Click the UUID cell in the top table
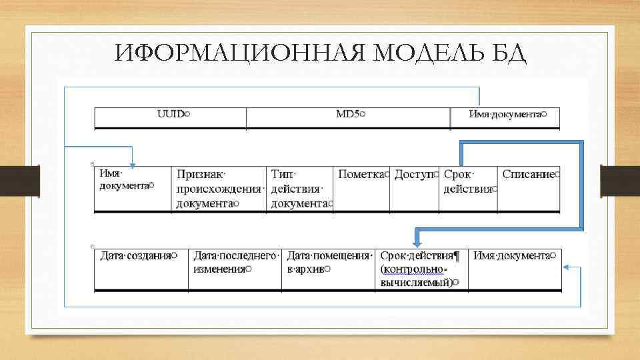[x=173, y=115]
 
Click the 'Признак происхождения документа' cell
[x=218, y=188]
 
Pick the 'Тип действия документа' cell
[x=300, y=188]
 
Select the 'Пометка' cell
[x=362, y=175]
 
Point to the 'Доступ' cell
[x=415, y=175]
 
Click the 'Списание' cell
[x=529, y=175]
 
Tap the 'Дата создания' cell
[x=137, y=255]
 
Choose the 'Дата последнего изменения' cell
[x=235, y=261]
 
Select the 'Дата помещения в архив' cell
[x=328, y=261]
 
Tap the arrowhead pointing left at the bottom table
[x=566, y=267]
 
